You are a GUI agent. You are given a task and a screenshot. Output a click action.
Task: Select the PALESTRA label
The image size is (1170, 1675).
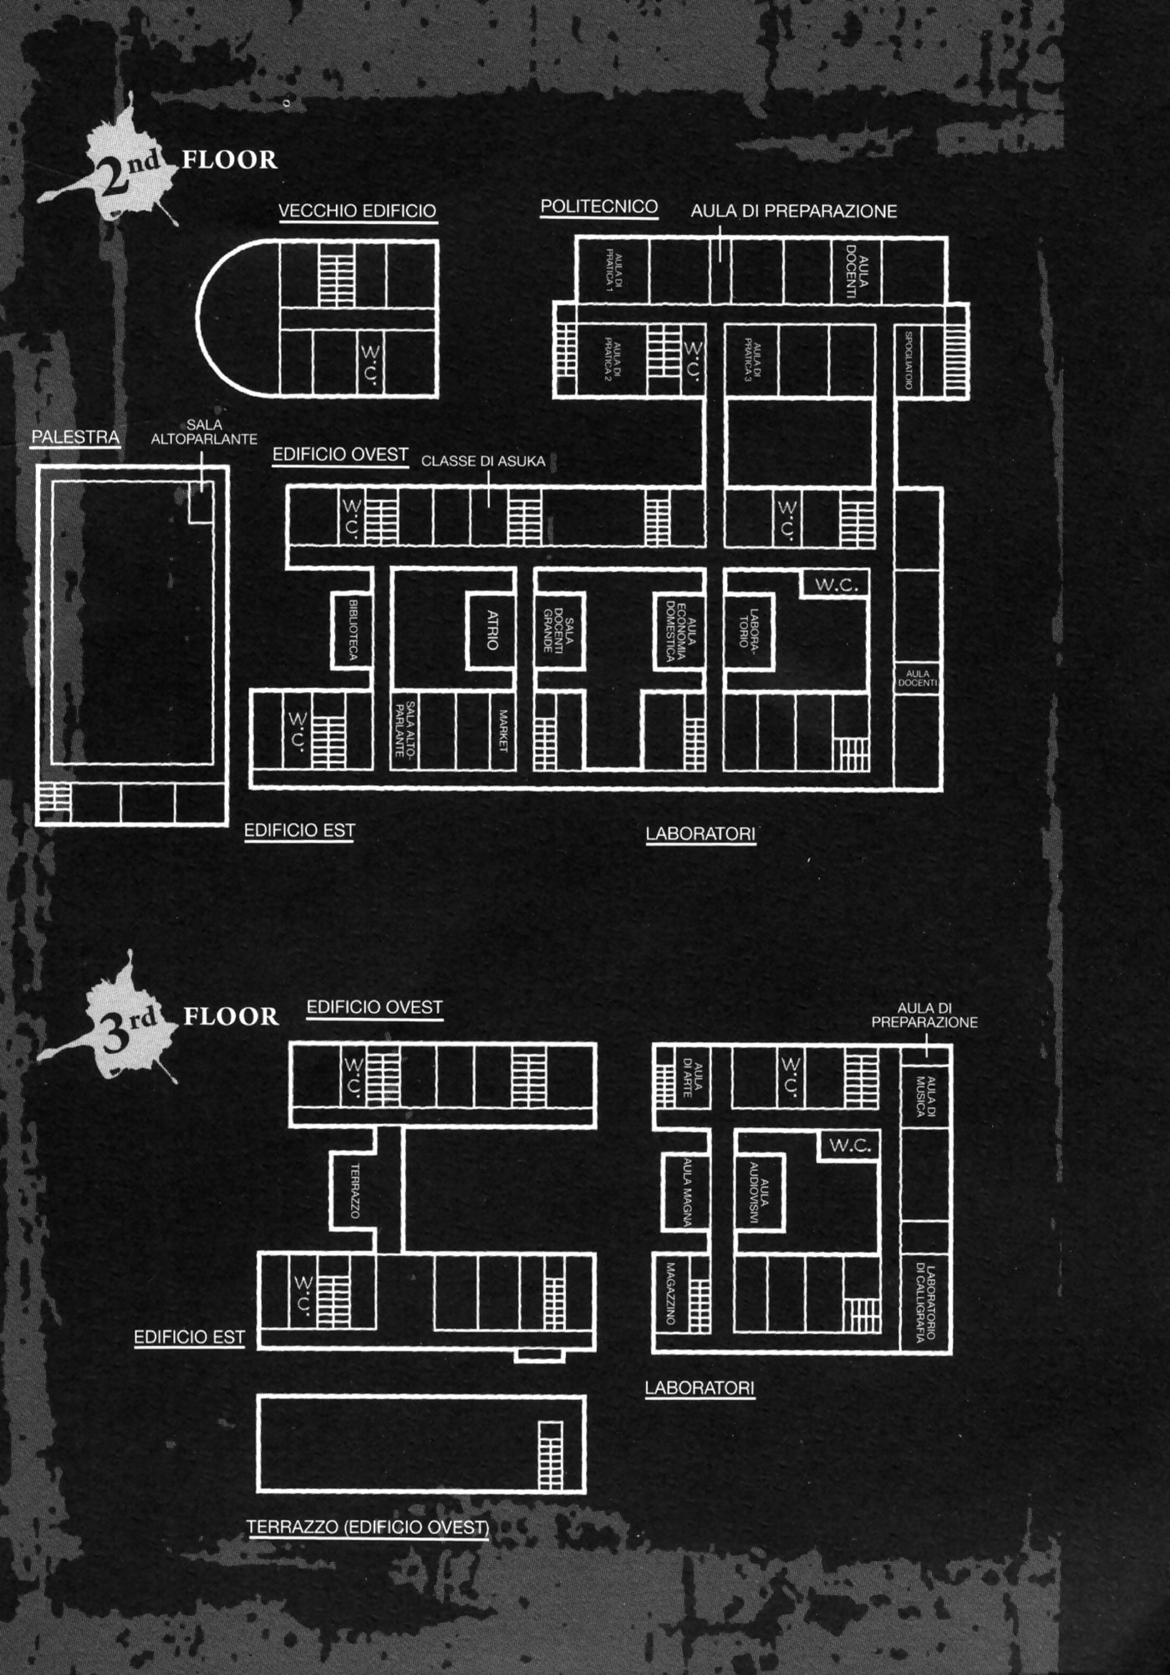[x=75, y=437]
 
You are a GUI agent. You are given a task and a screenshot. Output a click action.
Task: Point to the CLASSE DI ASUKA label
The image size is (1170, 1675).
[x=483, y=461]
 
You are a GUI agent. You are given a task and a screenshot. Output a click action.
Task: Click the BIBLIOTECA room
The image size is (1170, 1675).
[x=352, y=630]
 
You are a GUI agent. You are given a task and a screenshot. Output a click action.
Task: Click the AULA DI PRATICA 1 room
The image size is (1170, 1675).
[x=613, y=270]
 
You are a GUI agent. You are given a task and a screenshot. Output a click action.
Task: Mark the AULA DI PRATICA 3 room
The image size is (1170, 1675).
[x=751, y=360]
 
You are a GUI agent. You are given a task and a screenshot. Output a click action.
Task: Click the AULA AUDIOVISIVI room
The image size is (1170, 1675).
[x=759, y=1194]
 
